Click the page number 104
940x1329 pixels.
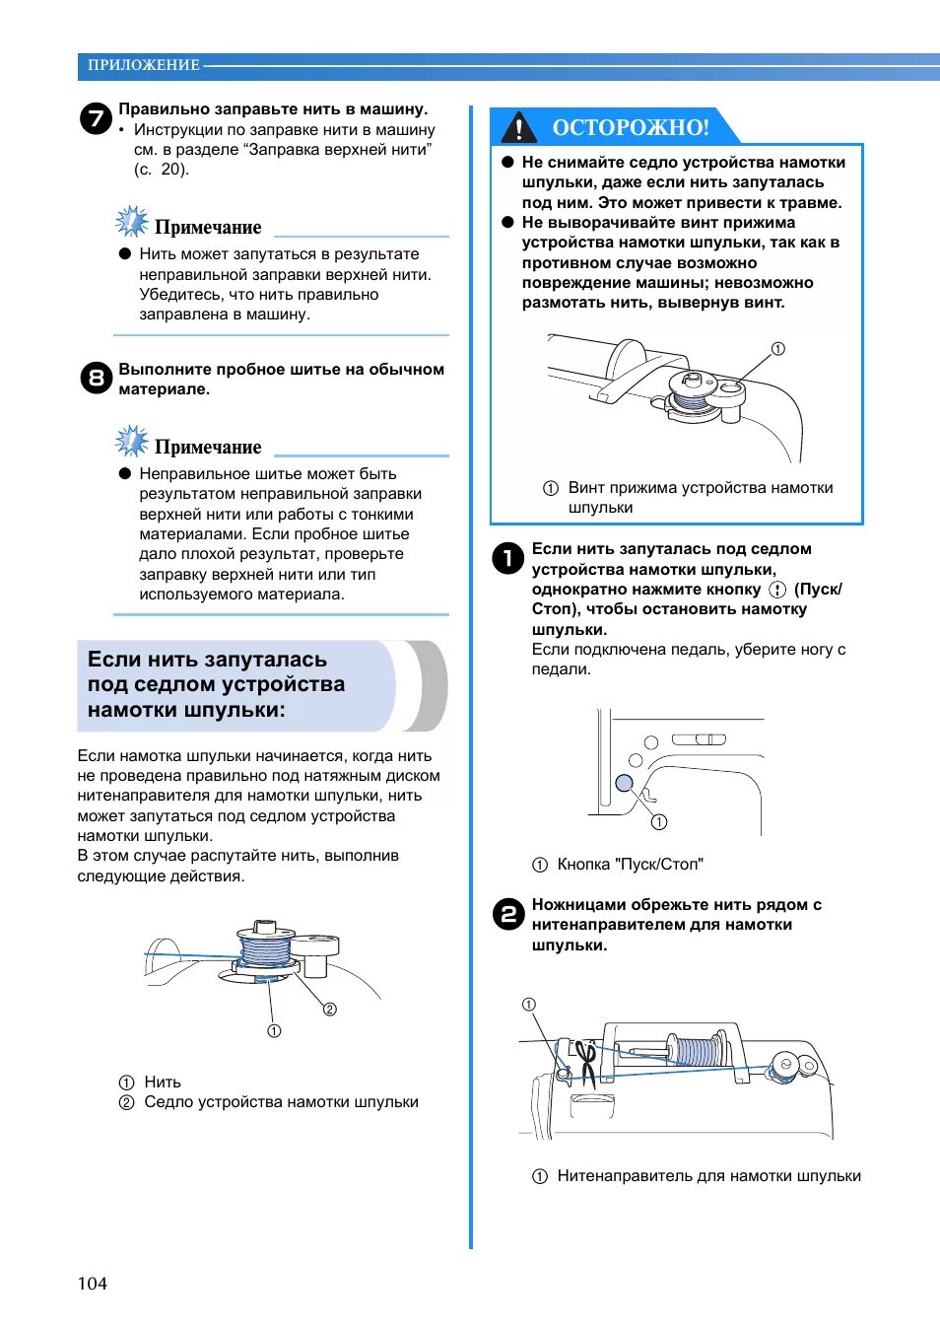pos(93,1284)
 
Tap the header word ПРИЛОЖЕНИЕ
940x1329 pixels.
pos(143,65)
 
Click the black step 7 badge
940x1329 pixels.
pos(96,119)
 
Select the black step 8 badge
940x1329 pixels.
pos(96,378)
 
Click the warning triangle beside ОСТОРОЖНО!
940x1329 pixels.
pos(518,128)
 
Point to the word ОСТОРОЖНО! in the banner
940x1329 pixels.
pos(631,127)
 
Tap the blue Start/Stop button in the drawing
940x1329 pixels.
pos(624,783)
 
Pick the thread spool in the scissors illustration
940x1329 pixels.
pos(698,1050)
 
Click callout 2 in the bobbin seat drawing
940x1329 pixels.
pos(330,1009)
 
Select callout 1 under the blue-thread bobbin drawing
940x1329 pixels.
pos(274,1031)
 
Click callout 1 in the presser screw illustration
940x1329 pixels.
pos(777,349)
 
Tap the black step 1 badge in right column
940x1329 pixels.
pos(508,558)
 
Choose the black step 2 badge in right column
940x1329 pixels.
pos(508,914)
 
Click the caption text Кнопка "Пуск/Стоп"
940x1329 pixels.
pos(630,865)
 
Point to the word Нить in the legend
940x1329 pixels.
pos(163,1083)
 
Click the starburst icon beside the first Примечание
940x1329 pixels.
pos(131,222)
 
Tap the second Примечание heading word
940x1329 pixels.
pos(208,448)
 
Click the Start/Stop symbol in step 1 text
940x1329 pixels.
pos(777,590)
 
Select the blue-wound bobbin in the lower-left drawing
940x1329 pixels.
pos(265,948)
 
